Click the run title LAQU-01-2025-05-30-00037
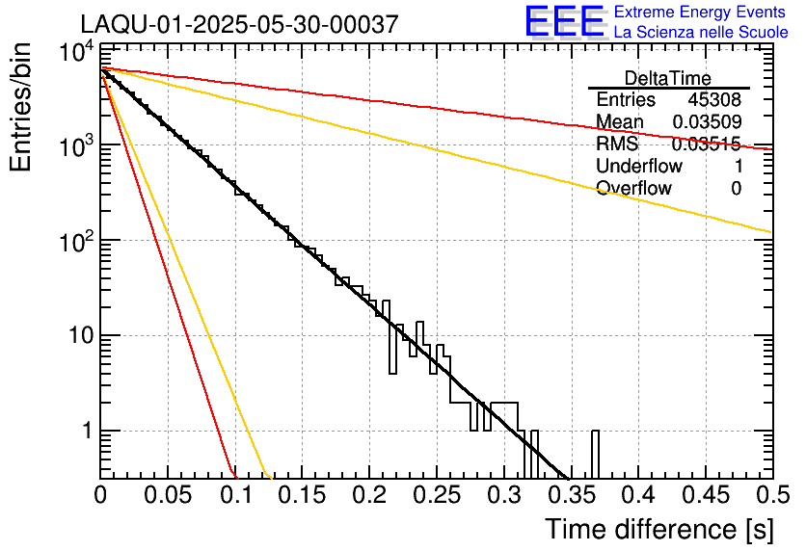click(x=238, y=24)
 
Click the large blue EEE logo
click(x=564, y=22)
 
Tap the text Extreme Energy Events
click(x=700, y=13)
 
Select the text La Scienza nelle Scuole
click(x=700, y=32)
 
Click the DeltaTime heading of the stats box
click(x=668, y=78)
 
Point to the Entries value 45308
click(x=714, y=100)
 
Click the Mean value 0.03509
click(x=706, y=122)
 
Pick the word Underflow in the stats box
click(x=637, y=167)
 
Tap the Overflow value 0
click(x=736, y=189)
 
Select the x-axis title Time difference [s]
click(x=658, y=529)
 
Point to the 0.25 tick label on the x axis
click(x=437, y=496)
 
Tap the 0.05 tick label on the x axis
click(x=168, y=496)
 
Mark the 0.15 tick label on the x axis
click(x=302, y=496)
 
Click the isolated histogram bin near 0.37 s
click(x=595, y=454)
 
